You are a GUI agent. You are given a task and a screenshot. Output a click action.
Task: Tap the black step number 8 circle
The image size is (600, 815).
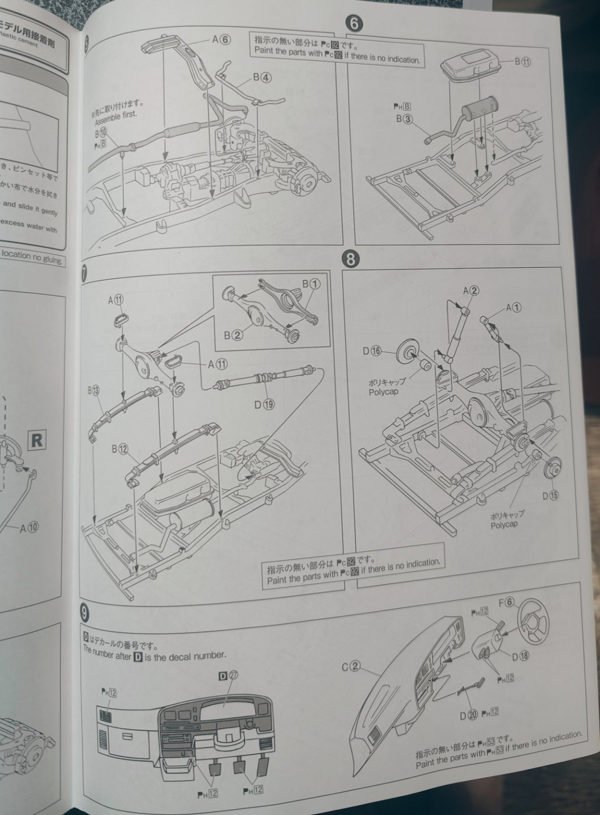tap(350, 259)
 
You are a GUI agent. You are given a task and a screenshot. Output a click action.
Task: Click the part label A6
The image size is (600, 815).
tap(222, 40)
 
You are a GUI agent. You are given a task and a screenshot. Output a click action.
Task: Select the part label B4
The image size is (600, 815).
tap(262, 78)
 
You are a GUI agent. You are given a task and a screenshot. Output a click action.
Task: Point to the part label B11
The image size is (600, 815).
tap(523, 62)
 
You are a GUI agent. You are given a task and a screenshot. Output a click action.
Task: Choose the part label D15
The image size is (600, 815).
tap(551, 495)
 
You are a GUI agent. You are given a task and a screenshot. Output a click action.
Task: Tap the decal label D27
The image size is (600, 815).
tap(229, 676)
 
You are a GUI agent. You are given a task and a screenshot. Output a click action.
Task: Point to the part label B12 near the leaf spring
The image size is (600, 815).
tap(120, 449)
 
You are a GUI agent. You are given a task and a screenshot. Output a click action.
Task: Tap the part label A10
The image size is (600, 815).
tap(29, 528)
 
